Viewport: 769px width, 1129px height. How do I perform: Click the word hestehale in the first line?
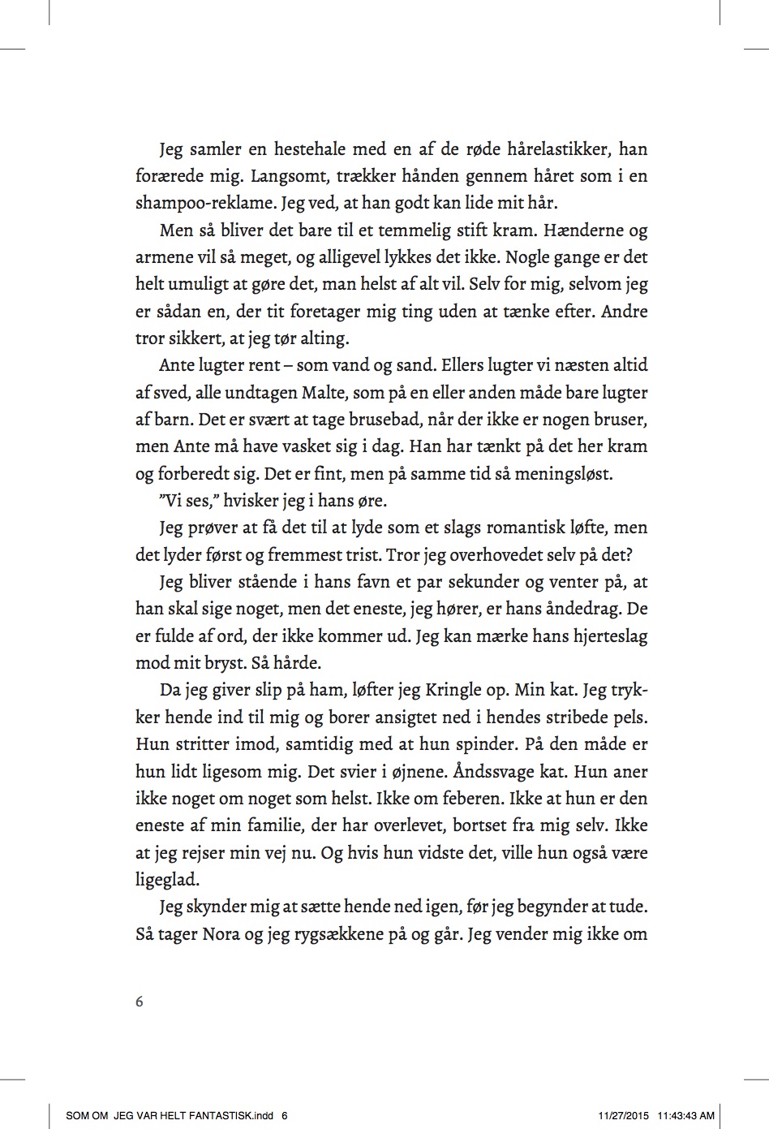coord(311,149)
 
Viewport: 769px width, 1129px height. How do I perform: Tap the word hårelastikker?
coord(557,149)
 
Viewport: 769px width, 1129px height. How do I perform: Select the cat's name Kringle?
coord(454,690)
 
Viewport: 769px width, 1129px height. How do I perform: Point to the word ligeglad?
coord(167,880)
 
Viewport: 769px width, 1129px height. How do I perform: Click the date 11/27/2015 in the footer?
coord(624,1115)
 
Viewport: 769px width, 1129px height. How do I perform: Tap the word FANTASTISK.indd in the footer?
coord(232,1115)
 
